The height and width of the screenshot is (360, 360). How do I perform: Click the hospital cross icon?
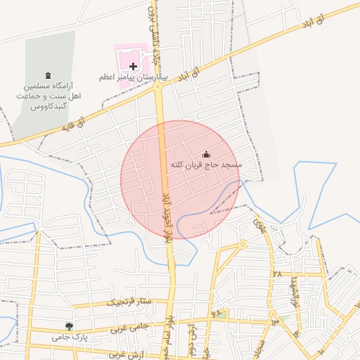click(134, 66)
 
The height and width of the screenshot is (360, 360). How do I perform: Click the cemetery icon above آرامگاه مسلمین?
click(48, 75)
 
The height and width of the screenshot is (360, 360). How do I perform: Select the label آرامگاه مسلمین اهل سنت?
click(47, 96)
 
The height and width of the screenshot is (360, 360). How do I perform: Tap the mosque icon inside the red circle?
click(206, 154)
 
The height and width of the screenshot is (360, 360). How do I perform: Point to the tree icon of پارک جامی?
click(68, 326)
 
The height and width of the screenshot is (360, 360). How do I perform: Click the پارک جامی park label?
click(68, 337)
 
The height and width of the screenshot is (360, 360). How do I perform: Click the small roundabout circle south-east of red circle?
click(243, 245)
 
